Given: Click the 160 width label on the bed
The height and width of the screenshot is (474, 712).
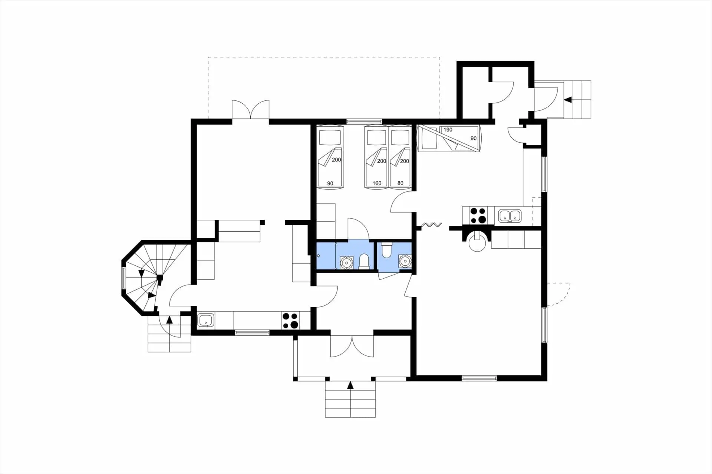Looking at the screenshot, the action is pyautogui.click(x=377, y=183).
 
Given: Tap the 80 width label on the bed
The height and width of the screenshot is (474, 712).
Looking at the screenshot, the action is pyautogui.click(x=400, y=183).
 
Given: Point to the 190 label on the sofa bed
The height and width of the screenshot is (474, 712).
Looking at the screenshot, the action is pyautogui.click(x=448, y=130).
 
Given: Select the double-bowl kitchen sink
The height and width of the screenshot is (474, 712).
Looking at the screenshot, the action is pyautogui.click(x=510, y=216).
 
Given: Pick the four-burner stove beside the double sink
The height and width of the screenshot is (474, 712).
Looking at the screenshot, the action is pyautogui.click(x=478, y=215).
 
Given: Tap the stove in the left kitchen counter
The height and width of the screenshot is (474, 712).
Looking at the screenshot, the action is pyautogui.click(x=290, y=321).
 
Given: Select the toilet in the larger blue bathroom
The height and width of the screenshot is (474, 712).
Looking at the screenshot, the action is pyautogui.click(x=365, y=261).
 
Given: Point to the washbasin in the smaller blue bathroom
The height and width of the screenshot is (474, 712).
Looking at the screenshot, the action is pyautogui.click(x=405, y=261).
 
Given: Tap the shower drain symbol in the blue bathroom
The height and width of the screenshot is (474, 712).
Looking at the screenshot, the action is pyautogui.click(x=318, y=256).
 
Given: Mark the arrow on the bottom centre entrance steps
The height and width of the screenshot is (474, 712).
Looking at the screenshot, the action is pyautogui.click(x=350, y=385).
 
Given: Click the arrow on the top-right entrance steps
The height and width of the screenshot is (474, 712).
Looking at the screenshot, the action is pyautogui.click(x=567, y=100).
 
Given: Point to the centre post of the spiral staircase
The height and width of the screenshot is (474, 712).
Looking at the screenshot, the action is pyautogui.click(x=159, y=277).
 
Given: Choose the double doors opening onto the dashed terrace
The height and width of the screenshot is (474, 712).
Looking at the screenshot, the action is pyautogui.click(x=251, y=109).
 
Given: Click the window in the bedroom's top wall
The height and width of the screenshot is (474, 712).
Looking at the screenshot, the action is pyautogui.click(x=364, y=121).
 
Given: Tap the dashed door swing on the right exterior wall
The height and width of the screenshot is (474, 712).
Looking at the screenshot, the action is pyautogui.click(x=558, y=294).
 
